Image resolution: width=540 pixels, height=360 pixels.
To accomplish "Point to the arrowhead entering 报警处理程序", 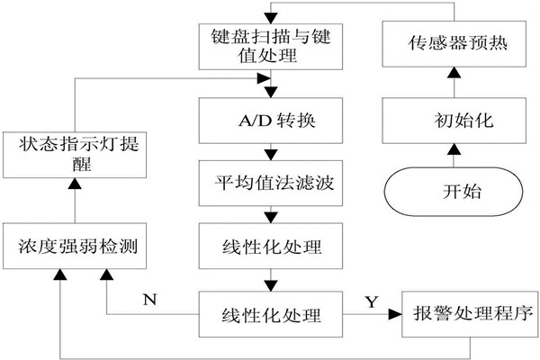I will point(394,316).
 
